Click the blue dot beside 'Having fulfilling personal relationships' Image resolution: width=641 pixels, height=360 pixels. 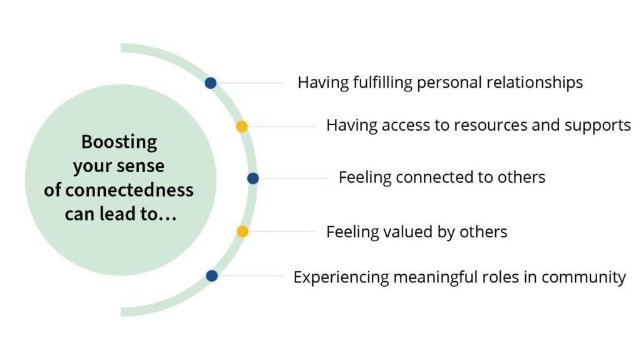coord(211,83)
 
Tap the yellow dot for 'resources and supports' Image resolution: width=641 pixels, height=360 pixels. coord(242,126)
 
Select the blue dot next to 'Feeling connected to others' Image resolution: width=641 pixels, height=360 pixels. coord(253,178)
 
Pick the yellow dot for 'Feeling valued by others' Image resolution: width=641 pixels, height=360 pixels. coord(242,232)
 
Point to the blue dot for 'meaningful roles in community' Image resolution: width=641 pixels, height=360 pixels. coord(212,275)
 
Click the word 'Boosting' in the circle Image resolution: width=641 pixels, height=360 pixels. coord(119,142)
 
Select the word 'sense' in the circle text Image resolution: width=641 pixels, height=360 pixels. coord(145,167)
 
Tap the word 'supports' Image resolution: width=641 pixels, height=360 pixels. coord(597,126)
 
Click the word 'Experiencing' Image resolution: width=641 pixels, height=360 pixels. coord(341,277)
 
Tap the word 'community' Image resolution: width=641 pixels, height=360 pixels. coord(584,277)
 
